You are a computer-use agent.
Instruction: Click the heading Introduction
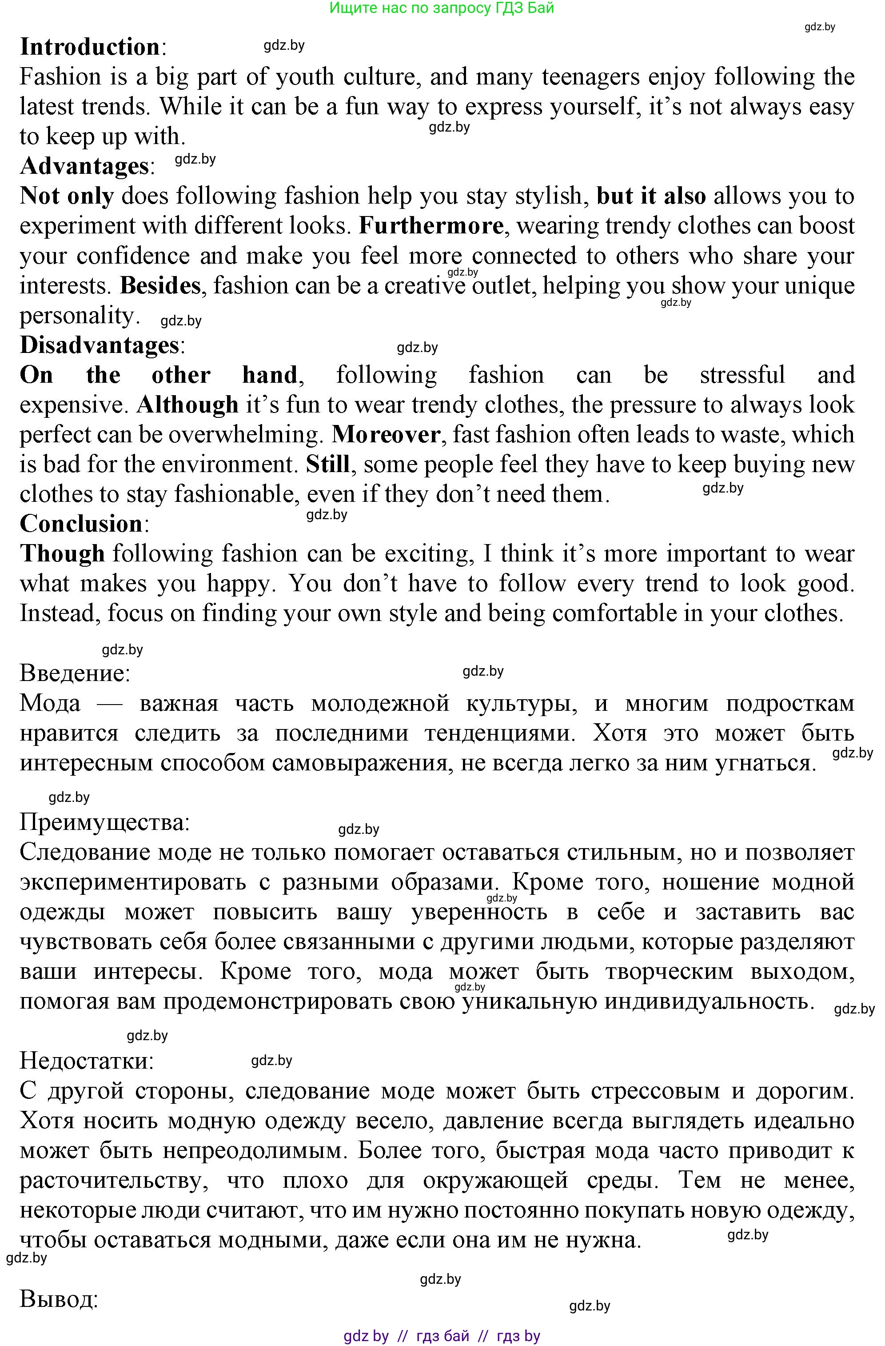[x=90, y=47]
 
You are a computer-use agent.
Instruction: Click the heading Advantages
[x=84, y=166]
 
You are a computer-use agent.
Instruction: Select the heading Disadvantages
[x=100, y=345]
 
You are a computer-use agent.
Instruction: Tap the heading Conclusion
[x=81, y=524]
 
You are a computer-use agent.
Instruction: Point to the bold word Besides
[x=160, y=285]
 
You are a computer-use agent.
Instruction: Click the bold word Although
[x=187, y=405]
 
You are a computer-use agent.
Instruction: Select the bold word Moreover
[x=386, y=435]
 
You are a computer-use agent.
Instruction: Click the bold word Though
[x=62, y=554]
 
